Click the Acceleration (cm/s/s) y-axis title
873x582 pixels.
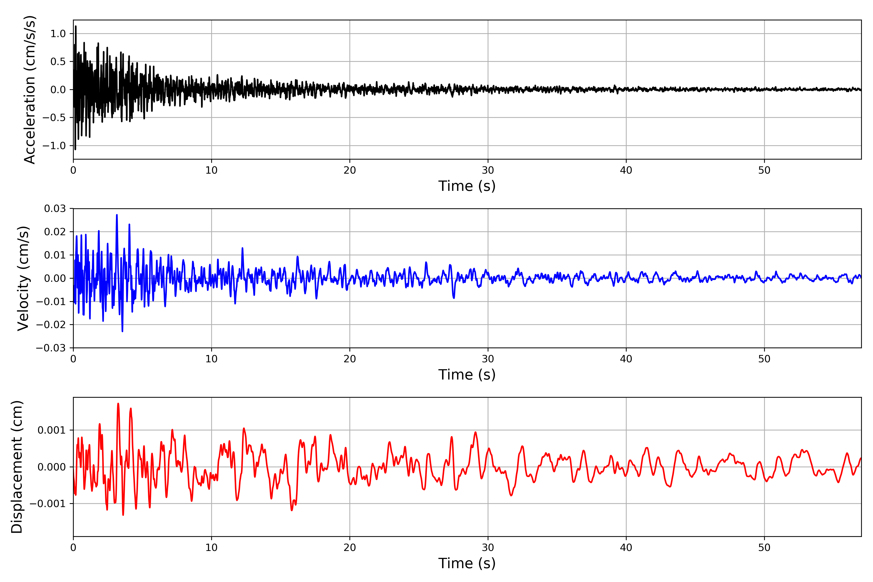(x=29, y=89)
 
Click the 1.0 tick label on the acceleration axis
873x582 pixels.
(x=58, y=34)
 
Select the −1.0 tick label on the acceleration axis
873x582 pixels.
(x=54, y=145)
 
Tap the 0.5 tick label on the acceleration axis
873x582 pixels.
(x=58, y=62)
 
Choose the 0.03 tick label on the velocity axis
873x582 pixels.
(x=55, y=209)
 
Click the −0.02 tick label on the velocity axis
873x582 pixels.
(x=51, y=325)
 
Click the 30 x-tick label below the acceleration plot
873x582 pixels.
(x=488, y=170)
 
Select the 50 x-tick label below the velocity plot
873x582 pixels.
(x=764, y=359)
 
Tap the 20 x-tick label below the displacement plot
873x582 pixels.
(x=350, y=548)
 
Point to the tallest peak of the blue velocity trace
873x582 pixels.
(x=117, y=215)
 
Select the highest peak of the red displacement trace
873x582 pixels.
(x=118, y=404)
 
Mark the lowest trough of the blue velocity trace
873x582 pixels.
(x=122, y=331)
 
